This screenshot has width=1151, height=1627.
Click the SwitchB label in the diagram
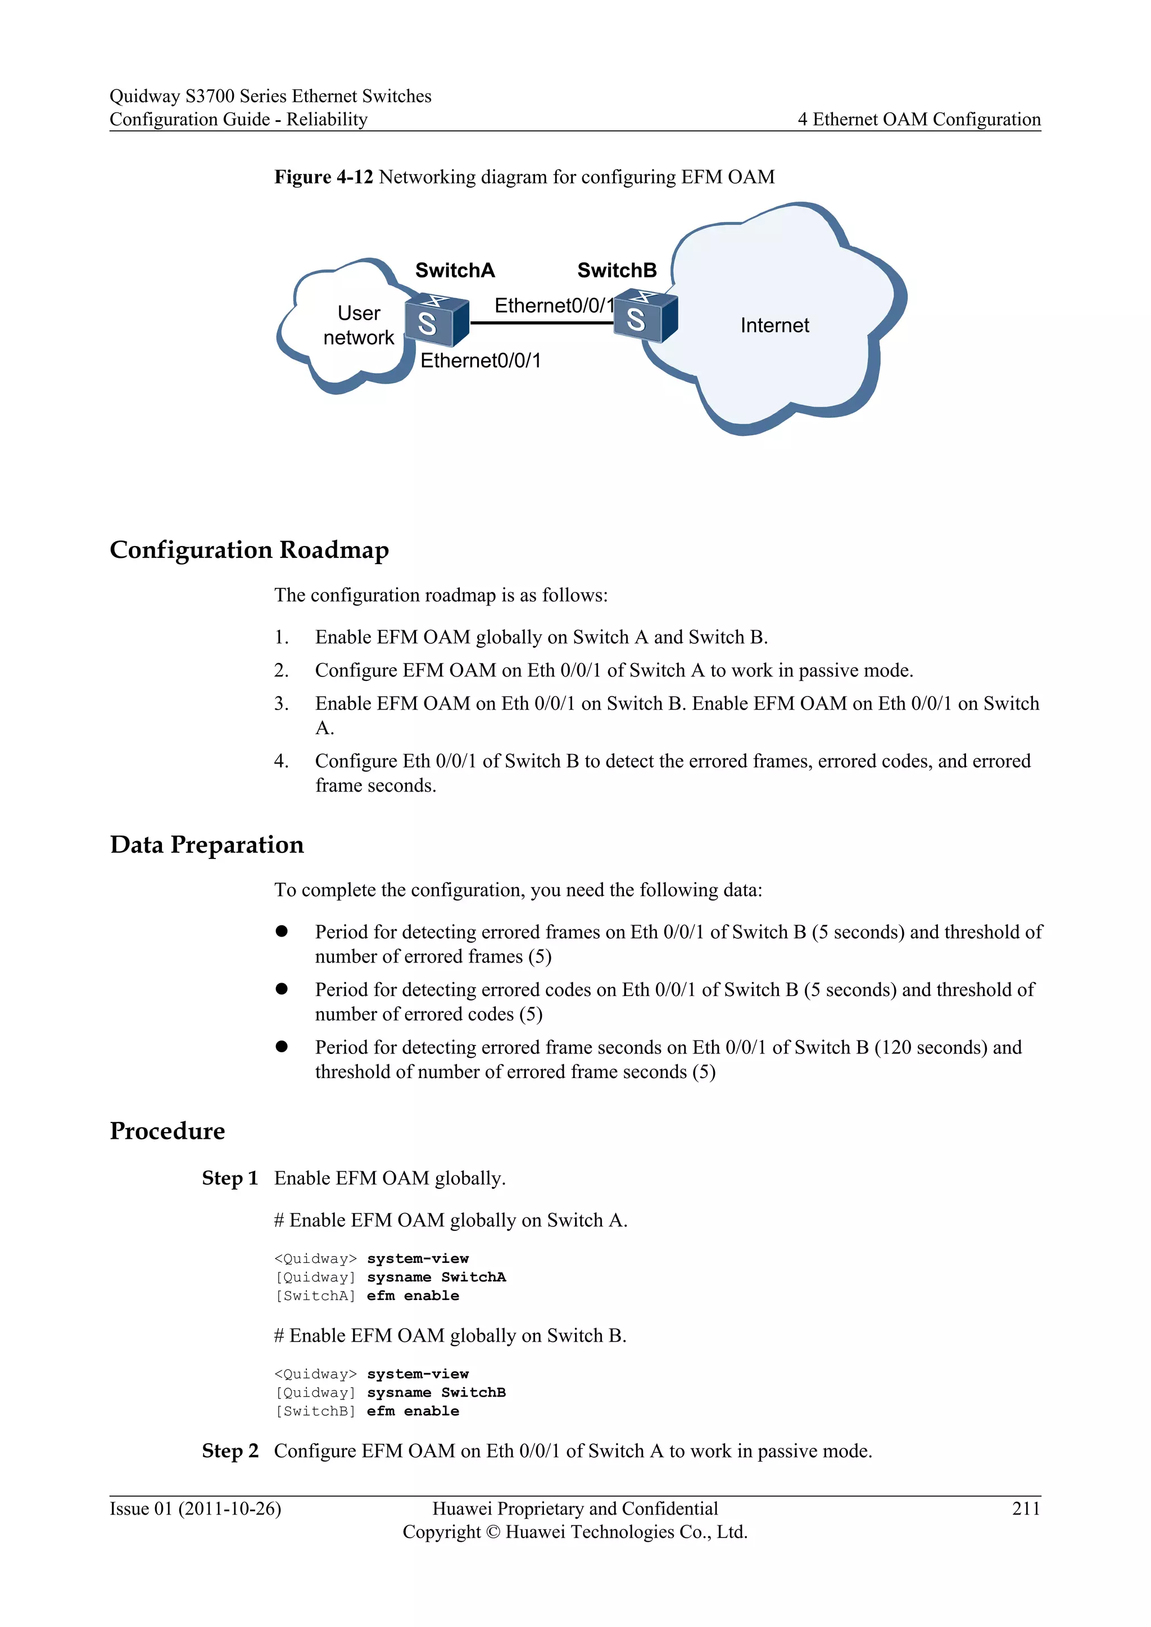click(x=617, y=270)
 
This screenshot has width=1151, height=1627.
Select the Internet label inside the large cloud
click(x=774, y=325)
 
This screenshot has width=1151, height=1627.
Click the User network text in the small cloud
click(x=359, y=325)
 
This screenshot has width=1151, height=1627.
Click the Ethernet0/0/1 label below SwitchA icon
click(x=480, y=361)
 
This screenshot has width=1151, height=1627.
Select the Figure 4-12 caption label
click(x=323, y=176)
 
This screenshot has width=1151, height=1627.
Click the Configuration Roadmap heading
click(x=249, y=550)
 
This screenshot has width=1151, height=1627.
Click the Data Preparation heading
click(x=206, y=844)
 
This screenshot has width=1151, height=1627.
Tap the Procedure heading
click(x=167, y=1131)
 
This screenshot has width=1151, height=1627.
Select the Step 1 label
click(x=230, y=1178)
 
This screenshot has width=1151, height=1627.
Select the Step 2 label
click(x=230, y=1451)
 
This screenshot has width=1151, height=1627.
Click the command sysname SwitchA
click(x=436, y=1277)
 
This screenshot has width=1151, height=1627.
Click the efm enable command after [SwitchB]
click(x=413, y=1411)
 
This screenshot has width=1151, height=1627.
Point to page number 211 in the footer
click(x=1026, y=1508)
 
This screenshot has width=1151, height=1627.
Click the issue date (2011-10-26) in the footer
click(x=230, y=1508)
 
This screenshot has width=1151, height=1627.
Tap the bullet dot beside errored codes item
click(x=282, y=989)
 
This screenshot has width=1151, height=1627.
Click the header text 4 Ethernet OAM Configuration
click(x=918, y=119)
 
